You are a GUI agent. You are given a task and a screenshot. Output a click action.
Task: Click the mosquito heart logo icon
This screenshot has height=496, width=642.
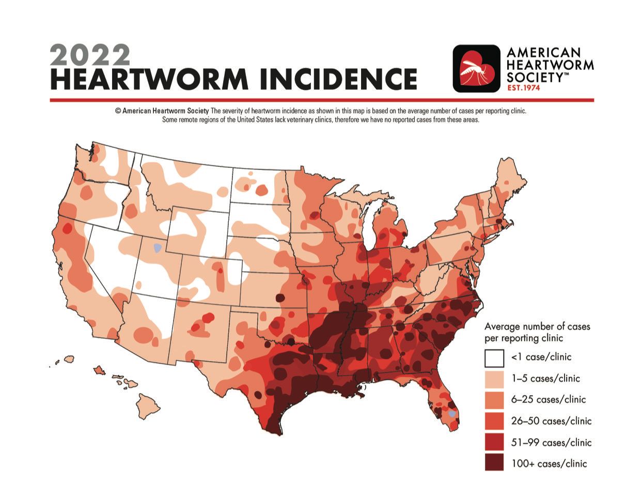[x=476, y=69]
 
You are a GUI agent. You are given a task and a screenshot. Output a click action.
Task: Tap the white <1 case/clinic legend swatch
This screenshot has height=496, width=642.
[x=494, y=357]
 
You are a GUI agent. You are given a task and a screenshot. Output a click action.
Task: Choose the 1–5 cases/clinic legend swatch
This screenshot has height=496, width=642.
[x=494, y=378]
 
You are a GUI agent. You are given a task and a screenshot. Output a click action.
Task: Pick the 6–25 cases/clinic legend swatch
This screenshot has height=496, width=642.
[x=494, y=399]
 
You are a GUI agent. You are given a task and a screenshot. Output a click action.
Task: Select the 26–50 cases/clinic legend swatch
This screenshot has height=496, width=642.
[x=494, y=421]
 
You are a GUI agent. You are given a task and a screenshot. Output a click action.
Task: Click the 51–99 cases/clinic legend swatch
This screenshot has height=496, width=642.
[x=494, y=442]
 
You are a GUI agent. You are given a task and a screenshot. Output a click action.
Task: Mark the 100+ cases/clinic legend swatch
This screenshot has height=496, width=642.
[x=494, y=463]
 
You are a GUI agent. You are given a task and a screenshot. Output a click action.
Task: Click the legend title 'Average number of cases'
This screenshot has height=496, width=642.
[x=537, y=327]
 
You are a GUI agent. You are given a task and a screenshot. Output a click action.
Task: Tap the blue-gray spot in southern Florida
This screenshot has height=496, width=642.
[x=452, y=414]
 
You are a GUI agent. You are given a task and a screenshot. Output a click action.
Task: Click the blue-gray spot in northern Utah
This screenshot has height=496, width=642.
[x=158, y=248]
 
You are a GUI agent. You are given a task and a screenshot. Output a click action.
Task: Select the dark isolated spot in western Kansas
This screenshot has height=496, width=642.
[x=280, y=298]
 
